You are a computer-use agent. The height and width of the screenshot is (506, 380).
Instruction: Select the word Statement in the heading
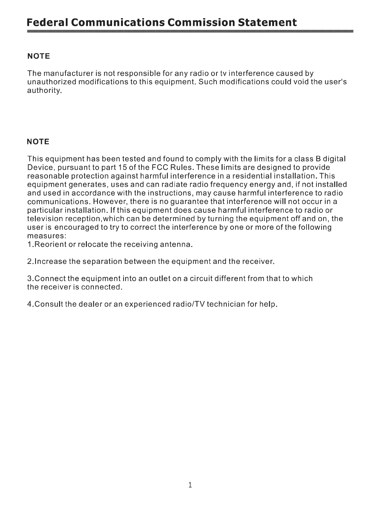267,23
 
